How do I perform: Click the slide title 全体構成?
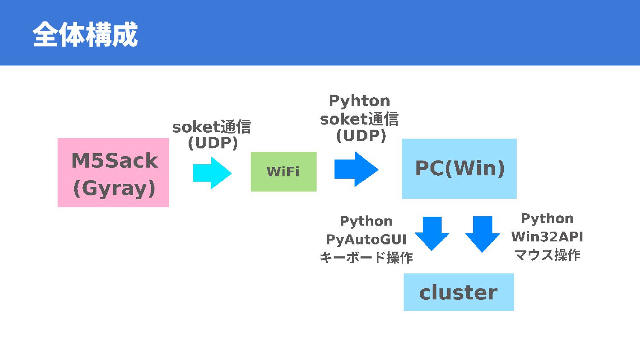[85, 34]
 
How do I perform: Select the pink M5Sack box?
[113, 173]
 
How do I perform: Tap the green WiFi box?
[283, 171]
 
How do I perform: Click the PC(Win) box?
[459, 168]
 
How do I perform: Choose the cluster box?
[459, 292]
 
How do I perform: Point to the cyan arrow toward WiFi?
[212, 173]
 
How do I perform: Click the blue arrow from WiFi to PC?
[356, 169]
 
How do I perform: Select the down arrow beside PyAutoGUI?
[432, 233]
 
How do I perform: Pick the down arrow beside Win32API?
[482, 234]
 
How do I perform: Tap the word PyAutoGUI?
[366, 239]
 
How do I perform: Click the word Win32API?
[547, 237]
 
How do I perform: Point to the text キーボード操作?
[366, 258]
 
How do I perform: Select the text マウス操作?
[547, 255]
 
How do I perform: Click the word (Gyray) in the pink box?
[114, 189]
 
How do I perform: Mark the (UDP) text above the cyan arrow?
[213, 143]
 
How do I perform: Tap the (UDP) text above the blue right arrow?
[361, 136]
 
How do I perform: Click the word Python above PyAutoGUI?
[366, 221]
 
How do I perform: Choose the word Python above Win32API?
[547, 218]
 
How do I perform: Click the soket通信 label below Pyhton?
[359, 119]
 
